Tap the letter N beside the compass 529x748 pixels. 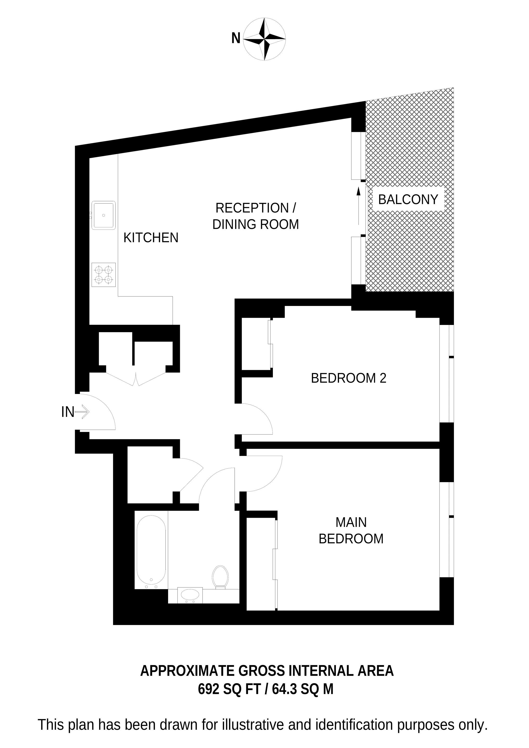[236, 38]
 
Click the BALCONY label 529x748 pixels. [408, 199]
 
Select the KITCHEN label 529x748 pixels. [151, 238]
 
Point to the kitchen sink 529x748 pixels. [104, 215]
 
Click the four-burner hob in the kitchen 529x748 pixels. [104, 275]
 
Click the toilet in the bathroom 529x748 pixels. [220, 576]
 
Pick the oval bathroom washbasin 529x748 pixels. [190, 595]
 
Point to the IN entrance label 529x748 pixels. [68, 412]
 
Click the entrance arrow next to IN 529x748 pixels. [82, 412]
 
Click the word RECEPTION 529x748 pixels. [252, 208]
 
